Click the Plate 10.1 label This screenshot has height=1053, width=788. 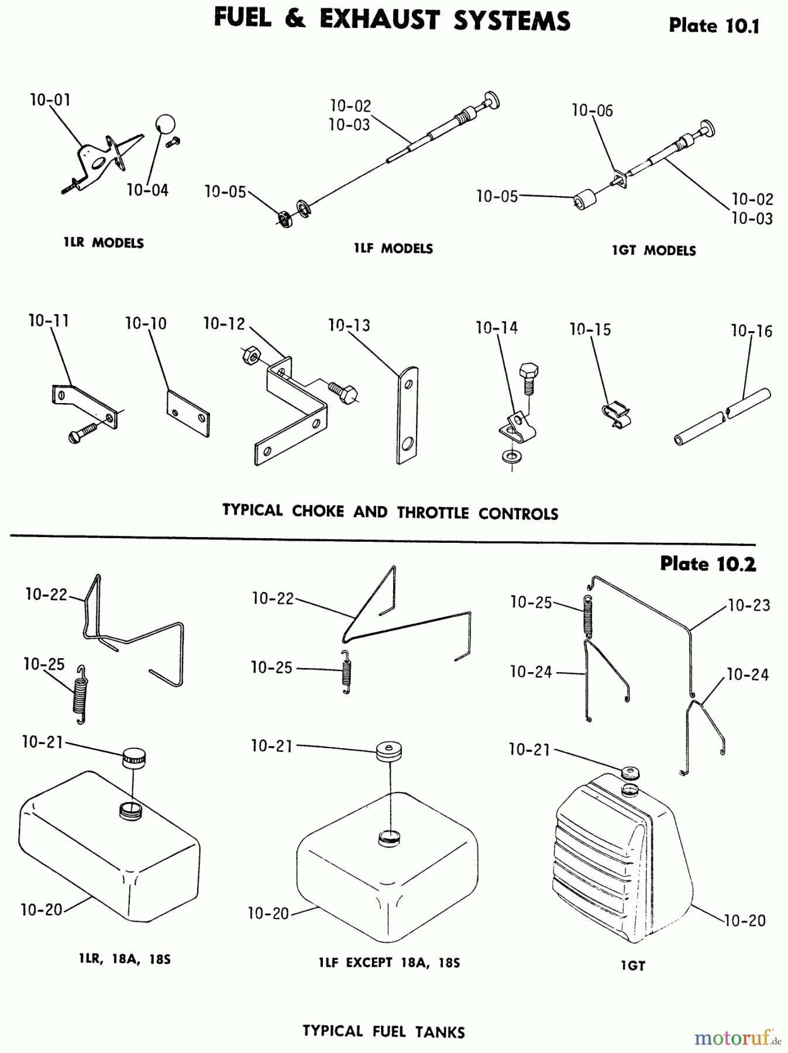[x=714, y=26]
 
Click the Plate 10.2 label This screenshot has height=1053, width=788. [x=707, y=564]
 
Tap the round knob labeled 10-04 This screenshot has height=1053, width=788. [x=165, y=124]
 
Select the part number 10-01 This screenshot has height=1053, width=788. [x=50, y=100]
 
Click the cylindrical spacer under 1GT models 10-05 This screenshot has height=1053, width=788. [x=583, y=200]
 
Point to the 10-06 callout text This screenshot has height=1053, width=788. [x=592, y=111]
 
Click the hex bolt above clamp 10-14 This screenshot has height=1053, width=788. [x=528, y=374]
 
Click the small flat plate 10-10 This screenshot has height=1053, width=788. [x=188, y=414]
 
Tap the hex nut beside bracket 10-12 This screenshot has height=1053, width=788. [x=249, y=355]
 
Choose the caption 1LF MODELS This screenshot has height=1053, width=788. [x=393, y=249]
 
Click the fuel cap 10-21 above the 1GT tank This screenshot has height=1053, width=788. [x=630, y=772]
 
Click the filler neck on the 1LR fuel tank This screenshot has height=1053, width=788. [x=130, y=811]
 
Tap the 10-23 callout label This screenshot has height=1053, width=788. [x=749, y=605]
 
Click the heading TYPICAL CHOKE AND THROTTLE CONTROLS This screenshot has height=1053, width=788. [x=390, y=512]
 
